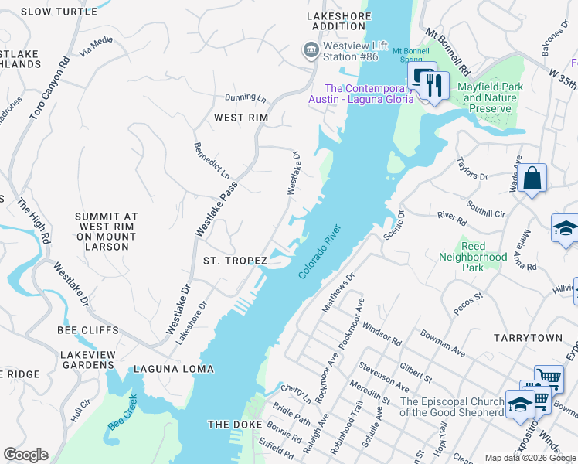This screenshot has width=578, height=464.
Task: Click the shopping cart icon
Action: [548, 379]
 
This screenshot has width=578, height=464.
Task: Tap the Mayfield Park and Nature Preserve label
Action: [490, 97]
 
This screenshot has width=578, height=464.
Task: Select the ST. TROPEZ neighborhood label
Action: [235, 261]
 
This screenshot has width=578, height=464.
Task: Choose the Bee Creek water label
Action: [122, 413]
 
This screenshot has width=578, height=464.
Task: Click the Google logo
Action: [25, 455]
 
